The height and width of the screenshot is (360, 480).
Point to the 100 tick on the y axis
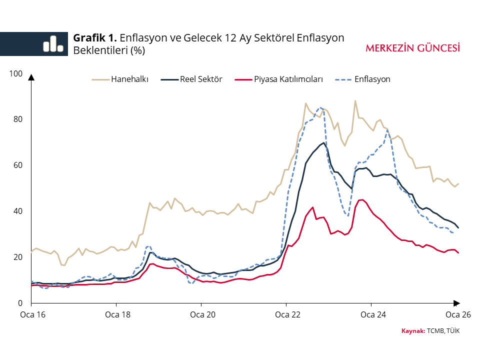point(16,73)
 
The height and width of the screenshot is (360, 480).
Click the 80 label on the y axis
point(18,119)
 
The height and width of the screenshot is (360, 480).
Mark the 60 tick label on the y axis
point(18,165)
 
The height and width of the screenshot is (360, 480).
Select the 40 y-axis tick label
point(18,211)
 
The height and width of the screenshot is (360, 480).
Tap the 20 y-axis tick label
point(18,257)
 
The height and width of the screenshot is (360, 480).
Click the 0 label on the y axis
point(20,303)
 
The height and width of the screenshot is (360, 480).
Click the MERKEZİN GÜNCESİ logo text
point(412,48)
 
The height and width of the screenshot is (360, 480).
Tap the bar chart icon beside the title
point(53,43)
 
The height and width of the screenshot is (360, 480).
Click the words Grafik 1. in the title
point(95,38)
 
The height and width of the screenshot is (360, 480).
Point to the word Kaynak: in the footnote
point(413,331)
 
